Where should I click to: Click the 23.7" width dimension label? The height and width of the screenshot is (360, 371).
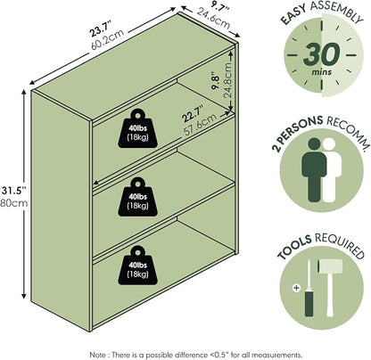[101, 29]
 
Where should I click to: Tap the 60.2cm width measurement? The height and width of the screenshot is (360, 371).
[108, 39]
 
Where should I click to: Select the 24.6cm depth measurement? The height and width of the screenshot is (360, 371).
[213, 20]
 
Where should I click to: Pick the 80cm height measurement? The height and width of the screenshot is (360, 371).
[13, 203]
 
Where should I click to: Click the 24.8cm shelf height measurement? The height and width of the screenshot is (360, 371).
[228, 79]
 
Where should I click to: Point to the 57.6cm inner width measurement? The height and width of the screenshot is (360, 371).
[201, 124]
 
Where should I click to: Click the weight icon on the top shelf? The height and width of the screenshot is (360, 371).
[137, 128]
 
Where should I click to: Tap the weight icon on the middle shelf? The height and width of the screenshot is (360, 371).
[137, 197]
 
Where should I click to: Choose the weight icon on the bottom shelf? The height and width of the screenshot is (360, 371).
[137, 265]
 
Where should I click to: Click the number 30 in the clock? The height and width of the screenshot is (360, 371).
[321, 54]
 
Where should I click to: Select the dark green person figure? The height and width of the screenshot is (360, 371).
[314, 170]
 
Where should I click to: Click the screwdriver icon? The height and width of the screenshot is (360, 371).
[309, 288]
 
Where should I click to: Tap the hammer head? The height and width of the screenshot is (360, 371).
[330, 266]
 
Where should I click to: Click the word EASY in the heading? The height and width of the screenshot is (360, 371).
[293, 15]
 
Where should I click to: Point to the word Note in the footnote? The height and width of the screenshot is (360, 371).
[97, 355]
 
